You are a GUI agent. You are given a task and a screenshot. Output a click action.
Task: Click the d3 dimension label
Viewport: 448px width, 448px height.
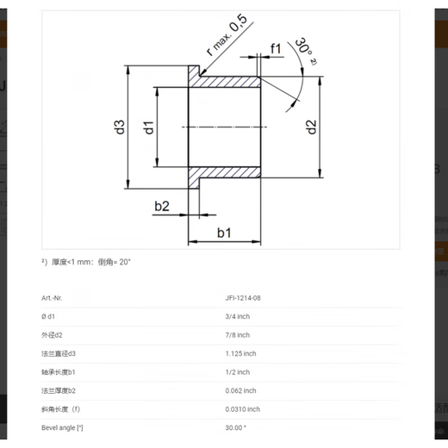tap(120, 127)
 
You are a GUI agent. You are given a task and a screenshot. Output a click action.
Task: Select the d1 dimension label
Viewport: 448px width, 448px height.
tap(148, 128)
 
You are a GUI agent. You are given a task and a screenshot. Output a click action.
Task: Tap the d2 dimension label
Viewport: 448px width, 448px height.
tap(311, 127)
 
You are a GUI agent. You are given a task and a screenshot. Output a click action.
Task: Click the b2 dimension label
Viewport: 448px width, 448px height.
tap(162, 206)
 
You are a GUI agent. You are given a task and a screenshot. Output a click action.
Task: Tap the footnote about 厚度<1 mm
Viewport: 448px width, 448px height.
tap(89, 261)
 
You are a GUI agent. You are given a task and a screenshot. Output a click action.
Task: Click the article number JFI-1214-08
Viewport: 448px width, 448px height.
tap(244, 297)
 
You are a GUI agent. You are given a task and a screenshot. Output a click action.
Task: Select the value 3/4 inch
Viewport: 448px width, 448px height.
tap(237, 316)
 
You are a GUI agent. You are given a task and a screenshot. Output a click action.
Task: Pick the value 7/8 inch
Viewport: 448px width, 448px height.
tap(237, 335)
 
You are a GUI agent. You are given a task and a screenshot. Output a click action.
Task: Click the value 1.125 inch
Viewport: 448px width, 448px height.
tap(240, 353)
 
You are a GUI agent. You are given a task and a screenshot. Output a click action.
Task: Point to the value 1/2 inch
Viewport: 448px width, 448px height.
tap(237, 372)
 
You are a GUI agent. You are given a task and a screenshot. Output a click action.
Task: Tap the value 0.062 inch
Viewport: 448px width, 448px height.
tap(240, 391)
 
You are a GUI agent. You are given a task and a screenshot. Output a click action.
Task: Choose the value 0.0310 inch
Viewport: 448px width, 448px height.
tap(242, 409)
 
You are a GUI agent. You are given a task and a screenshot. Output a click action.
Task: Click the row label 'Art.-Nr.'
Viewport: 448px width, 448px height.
tap(53, 297)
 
